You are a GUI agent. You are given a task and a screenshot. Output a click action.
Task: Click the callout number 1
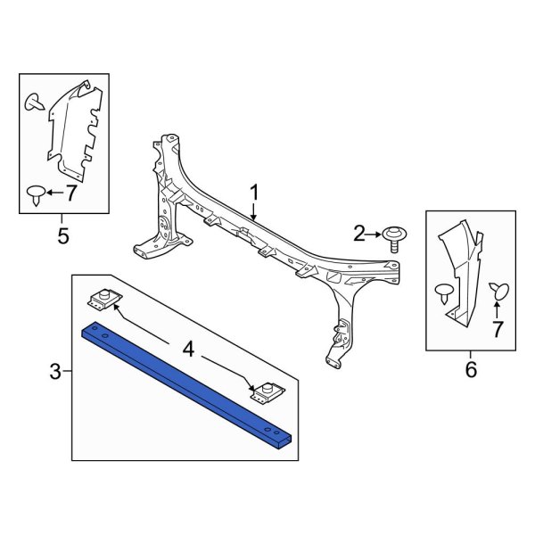click(x=253, y=193)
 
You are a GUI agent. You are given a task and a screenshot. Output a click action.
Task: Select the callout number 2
click(x=360, y=235)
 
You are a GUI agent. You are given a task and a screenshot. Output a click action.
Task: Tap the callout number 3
click(x=55, y=371)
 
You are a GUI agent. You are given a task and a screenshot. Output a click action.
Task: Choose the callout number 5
click(x=62, y=235)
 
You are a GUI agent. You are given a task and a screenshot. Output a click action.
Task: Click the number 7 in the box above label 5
click(x=71, y=192)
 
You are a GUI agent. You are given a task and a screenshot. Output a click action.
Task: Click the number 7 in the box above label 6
click(x=498, y=331)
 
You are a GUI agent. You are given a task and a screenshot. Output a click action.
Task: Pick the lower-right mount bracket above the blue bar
click(x=265, y=393)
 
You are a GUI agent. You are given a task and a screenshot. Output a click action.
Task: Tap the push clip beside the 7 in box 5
click(x=36, y=193)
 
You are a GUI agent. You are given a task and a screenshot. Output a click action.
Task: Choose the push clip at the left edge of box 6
click(x=444, y=292)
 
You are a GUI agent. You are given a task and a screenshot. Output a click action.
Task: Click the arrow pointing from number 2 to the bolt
click(x=376, y=235)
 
